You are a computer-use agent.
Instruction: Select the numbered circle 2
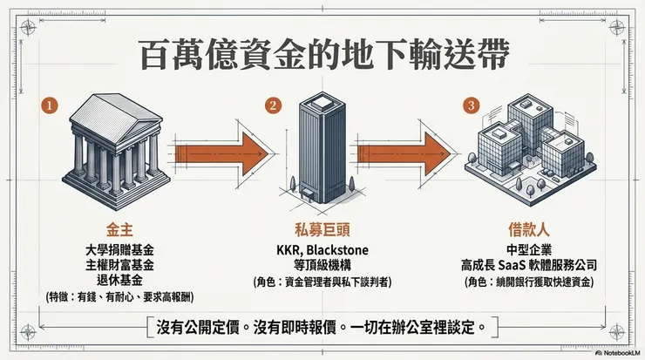pyautogui.click(x=274, y=107)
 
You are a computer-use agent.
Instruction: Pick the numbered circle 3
pyautogui.click(x=472, y=107)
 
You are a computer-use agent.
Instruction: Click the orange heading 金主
pyautogui.click(x=113, y=231)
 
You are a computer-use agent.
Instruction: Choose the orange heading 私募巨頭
pyautogui.click(x=321, y=231)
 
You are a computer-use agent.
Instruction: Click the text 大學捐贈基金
pyautogui.click(x=113, y=249)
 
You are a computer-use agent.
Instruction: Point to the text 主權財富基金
pyautogui.click(x=113, y=265)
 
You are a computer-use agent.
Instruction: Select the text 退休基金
pyautogui.click(x=113, y=281)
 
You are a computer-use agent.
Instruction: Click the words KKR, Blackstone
pyautogui.click(x=321, y=250)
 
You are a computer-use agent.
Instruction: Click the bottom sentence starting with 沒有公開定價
pyautogui.click(x=322, y=327)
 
